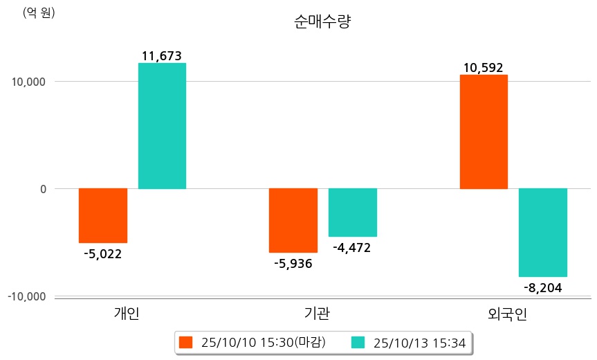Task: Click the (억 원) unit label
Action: point(39,12)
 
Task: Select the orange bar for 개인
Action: point(103,215)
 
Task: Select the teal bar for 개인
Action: point(162,126)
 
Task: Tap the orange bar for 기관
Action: point(293,220)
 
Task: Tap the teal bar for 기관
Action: point(353,213)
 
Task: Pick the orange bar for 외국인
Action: point(484,132)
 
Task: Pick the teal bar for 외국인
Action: point(543,233)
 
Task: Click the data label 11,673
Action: point(161,56)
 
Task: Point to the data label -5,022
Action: point(102,253)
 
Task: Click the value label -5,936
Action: point(293,263)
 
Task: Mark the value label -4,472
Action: point(352,247)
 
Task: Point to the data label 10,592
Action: point(483,68)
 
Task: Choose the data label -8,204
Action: point(542,287)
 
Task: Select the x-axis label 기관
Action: point(317,314)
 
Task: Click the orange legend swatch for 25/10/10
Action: point(185,342)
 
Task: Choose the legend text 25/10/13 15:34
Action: point(419,342)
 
